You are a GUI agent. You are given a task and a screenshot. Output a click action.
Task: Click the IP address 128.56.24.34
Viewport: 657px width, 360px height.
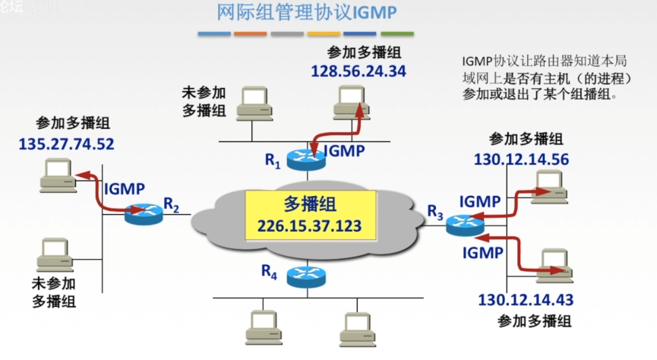point(359,71)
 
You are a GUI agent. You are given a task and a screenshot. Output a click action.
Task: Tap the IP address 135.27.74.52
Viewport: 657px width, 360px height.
point(66,143)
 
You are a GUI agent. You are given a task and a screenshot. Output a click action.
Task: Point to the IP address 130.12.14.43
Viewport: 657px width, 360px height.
point(526,298)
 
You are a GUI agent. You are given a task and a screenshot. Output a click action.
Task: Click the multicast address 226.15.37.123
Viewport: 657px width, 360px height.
point(310,226)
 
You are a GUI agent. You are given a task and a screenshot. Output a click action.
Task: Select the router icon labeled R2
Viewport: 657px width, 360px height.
point(144,215)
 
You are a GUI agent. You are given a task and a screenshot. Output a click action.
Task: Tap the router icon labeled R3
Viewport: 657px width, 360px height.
point(463,224)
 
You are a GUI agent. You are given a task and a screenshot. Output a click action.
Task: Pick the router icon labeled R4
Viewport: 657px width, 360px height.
point(306,276)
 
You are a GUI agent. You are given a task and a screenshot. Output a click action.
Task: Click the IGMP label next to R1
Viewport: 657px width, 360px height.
point(344,150)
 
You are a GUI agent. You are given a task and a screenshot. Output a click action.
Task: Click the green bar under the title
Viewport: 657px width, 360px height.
point(397,34)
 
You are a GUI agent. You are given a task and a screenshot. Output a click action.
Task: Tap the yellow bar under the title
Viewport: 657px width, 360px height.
point(324,34)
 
